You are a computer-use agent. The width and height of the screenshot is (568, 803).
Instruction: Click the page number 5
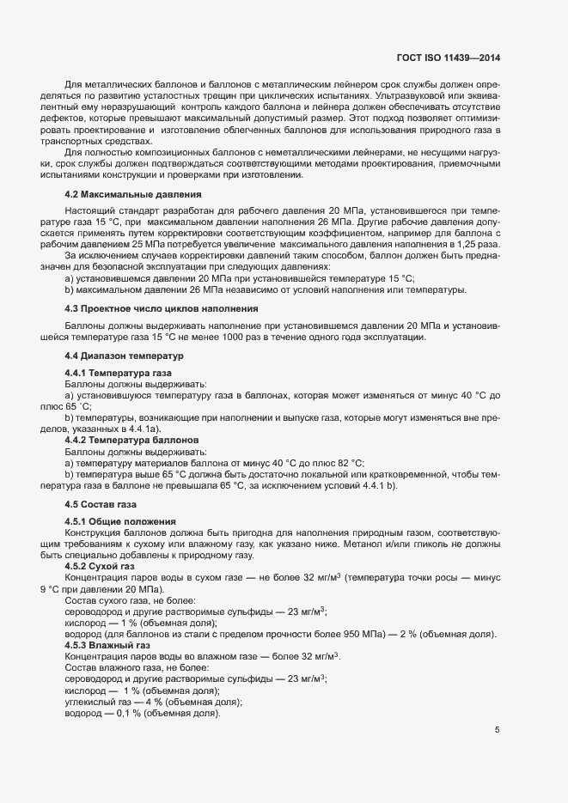coord(498,730)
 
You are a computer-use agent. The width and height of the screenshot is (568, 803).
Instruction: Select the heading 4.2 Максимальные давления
coord(133,194)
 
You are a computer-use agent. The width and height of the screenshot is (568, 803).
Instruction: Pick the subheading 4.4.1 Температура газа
coord(119,373)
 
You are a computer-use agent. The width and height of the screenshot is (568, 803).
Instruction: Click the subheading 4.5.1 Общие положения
coord(120,521)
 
